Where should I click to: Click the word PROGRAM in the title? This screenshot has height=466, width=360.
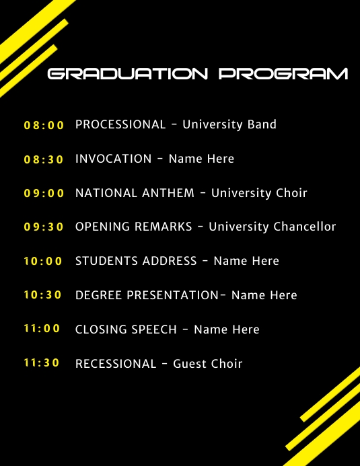(283, 74)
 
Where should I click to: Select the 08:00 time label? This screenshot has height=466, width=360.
(44, 125)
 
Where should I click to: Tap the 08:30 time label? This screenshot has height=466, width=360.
(44, 159)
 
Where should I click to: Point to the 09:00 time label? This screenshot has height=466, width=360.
(44, 193)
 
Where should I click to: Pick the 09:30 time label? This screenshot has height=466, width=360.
(44, 227)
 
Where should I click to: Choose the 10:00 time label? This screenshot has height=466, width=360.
(42, 261)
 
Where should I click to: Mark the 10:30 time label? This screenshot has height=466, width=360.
(42, 295)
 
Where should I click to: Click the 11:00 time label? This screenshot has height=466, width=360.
(42, 329)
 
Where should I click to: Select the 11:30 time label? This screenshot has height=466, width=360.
(42, 363)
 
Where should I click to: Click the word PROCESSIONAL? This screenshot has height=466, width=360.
(120, 124)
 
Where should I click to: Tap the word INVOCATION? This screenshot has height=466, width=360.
(114, 159)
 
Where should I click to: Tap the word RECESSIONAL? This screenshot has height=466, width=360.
(116, 364)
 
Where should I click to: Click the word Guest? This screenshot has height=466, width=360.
(190, 364)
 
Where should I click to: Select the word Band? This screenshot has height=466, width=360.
(262, 124)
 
